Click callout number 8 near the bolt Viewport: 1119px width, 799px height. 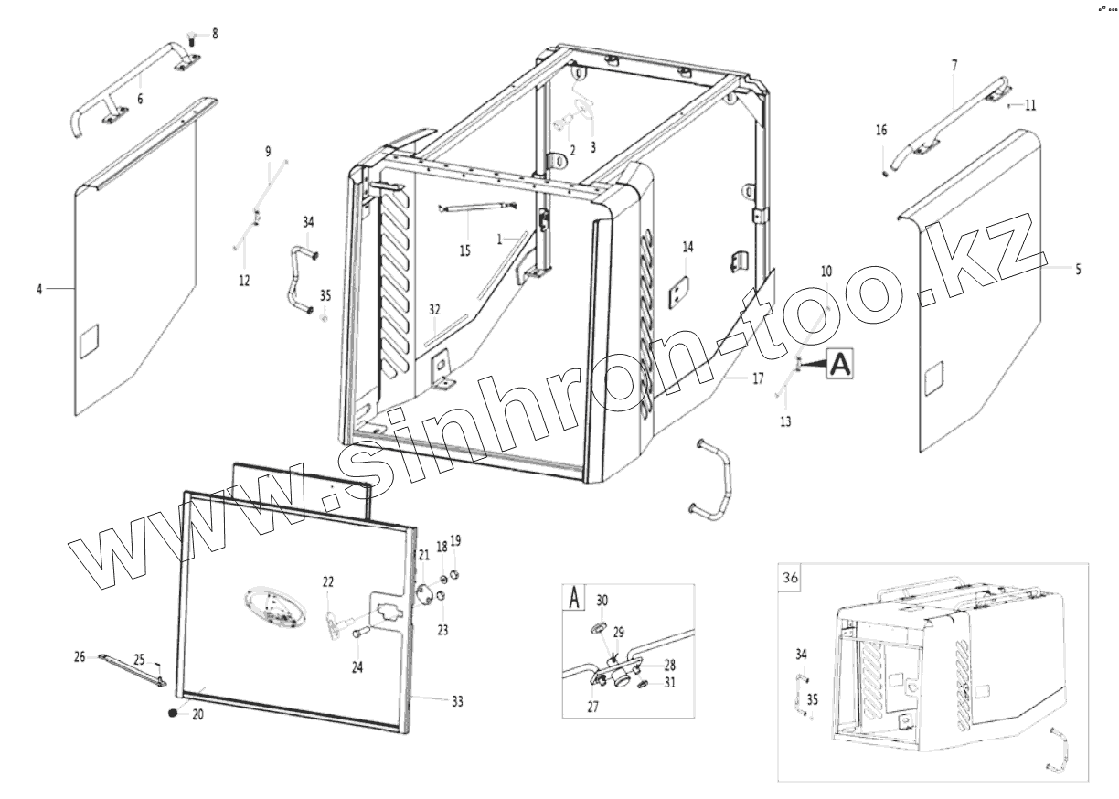click(215, 34)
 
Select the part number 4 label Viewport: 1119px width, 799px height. click(39, 289)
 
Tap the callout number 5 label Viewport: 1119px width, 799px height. click(1078, 270)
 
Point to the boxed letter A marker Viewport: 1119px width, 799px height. click(840, 363)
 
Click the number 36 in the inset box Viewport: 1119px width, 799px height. click(791, 577)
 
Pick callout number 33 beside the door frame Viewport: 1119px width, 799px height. click(457, 701)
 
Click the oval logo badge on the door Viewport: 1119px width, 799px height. click(272, 608)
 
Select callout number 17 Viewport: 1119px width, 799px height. click(758, 379)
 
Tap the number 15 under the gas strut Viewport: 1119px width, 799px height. click(465, 250)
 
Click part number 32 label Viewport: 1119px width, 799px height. click(434, 309)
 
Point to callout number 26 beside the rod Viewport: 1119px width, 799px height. click(79, 655)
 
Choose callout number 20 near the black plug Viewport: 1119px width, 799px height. click(197, 715)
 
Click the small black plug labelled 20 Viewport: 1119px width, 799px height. click(173, 712)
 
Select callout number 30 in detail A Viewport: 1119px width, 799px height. click(602, 600)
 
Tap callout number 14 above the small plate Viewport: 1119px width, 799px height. click(688, 247)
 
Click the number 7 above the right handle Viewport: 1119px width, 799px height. click(954, 65)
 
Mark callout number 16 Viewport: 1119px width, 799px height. click(881, 131)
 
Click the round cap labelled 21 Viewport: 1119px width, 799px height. click(424, 592)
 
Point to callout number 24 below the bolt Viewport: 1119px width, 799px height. click(357, 667)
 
